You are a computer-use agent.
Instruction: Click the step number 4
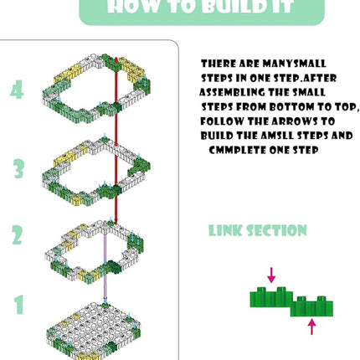[x=17, y=90]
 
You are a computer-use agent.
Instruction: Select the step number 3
[x=18, y=168]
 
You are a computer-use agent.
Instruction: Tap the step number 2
[x=17, y=235]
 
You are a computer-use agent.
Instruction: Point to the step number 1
[x=19, y=305]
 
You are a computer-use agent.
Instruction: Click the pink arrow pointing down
[x=271, y=275]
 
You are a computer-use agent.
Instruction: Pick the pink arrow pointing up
[x=312, y=327]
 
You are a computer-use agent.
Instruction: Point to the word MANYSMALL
[x=294, y=64]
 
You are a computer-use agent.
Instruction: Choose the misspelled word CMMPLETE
[x=238, y=150]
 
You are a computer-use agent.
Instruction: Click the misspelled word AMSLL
[x=277, y=136]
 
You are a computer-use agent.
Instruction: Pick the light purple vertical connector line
[x=105, y=263]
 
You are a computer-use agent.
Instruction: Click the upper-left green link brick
[x=271, y=297]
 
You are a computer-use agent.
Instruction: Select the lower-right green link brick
[x=312, y=306]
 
